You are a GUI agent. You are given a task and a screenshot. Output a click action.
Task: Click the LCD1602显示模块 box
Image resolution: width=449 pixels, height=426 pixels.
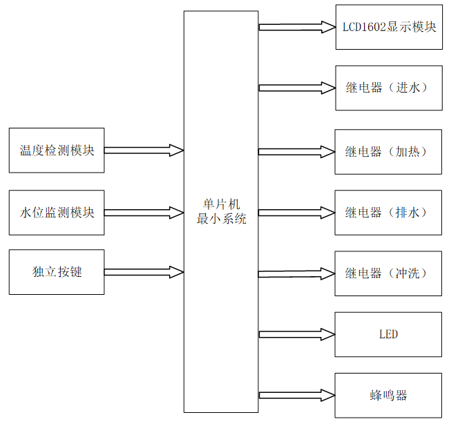click(x=389, y=27)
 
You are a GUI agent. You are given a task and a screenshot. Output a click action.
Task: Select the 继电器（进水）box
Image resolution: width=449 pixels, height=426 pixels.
click(x=389, y=88)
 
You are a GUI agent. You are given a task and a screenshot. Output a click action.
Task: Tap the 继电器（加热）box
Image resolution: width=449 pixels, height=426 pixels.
click(x=389, y=151)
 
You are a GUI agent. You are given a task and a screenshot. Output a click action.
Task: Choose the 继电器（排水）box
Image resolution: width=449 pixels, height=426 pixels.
click(x=389, y=212)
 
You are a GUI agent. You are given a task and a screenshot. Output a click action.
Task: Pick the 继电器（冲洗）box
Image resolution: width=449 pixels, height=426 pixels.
click(x=389, y=273)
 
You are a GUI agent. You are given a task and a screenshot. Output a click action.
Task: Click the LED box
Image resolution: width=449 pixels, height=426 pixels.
click(x=389, y=334)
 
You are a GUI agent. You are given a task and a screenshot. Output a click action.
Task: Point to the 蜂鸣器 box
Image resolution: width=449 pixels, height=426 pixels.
click(x=389, y=395)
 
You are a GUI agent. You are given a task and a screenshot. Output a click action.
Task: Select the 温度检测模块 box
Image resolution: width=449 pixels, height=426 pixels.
click(x=57, y=150)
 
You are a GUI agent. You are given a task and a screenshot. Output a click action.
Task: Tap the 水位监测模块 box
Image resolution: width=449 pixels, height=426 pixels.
click(x=57, y=212)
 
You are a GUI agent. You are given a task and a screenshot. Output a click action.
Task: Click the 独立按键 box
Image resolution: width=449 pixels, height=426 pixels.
click(x=57, y=272)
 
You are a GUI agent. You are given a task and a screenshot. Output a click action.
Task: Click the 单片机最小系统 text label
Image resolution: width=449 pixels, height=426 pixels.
click(x=221, y=212)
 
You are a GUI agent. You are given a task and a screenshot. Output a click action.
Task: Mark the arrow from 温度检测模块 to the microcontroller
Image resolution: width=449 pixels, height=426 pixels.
click(x=144, y=150)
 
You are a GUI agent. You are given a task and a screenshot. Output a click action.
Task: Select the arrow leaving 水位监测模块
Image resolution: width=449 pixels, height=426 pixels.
click(x=144, y=212)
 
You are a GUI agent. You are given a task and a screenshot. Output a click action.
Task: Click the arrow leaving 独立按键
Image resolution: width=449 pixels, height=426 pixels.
click(x=144, y=272)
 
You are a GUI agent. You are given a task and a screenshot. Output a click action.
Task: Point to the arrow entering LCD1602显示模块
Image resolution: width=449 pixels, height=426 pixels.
click(x=296, y=27)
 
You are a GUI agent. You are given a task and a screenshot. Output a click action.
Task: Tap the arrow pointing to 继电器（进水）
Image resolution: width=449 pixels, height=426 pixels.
click(x=296, y=88)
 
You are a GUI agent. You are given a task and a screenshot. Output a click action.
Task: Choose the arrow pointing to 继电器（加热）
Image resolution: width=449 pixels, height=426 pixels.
click(x=296, y=151)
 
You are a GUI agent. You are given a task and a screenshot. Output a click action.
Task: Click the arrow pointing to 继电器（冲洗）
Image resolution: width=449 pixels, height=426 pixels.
click(x=296, y=273)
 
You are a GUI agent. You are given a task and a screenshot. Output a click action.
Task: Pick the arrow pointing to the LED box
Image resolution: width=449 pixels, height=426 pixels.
click(x=296, y=334)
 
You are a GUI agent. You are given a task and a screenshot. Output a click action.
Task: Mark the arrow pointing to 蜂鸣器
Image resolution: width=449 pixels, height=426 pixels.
click(x=296, y=395)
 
